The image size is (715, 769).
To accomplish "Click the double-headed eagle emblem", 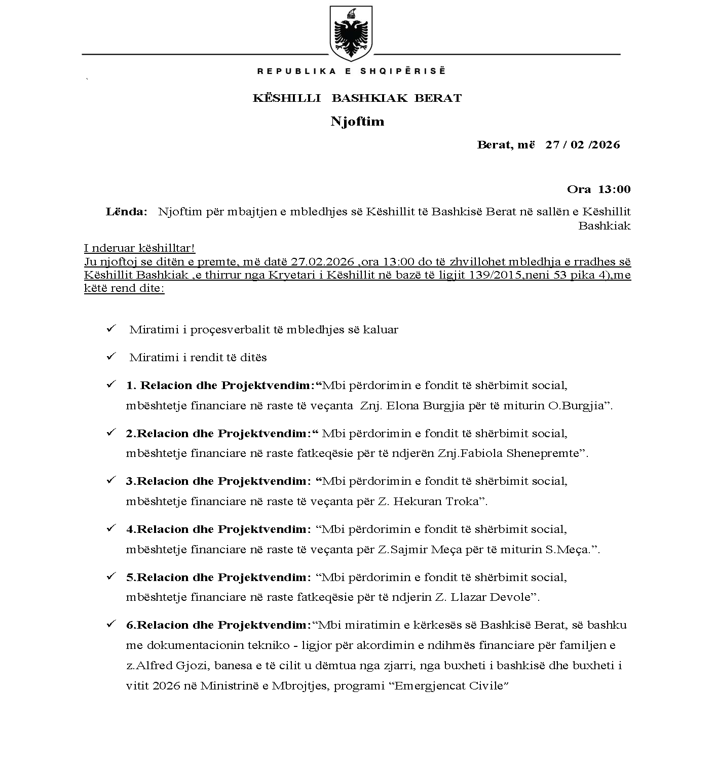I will [351, 32].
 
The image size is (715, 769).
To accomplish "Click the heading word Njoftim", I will [357, 122].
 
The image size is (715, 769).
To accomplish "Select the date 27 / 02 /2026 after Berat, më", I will [582, 145].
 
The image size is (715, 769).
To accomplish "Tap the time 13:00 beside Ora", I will [614, 189].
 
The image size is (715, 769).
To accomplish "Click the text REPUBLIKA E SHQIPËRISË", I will [351, 71].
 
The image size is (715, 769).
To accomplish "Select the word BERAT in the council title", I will [438, 98].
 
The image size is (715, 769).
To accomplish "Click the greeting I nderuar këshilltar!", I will [139, 248].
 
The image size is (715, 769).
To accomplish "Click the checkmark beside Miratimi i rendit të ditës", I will [111, 357].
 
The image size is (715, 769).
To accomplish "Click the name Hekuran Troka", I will [436, 502].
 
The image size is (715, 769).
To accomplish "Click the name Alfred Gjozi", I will [164, 666].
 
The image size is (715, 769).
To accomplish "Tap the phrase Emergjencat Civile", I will [451, 686].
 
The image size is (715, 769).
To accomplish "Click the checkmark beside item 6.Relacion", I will [111, 625].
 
